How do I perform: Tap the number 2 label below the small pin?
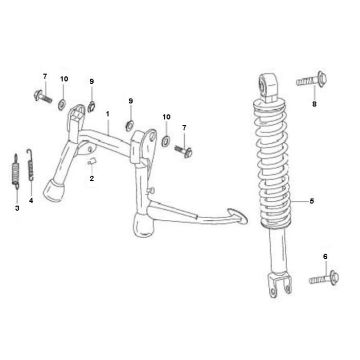(x=91, y=178)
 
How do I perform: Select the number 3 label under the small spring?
(x=16, y=208)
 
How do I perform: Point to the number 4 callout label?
(x=31, y=201)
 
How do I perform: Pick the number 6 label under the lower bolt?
(x=326, y=257)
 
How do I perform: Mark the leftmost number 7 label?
(x=44, y=76)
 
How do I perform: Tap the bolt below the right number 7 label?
(x=184, y=150)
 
